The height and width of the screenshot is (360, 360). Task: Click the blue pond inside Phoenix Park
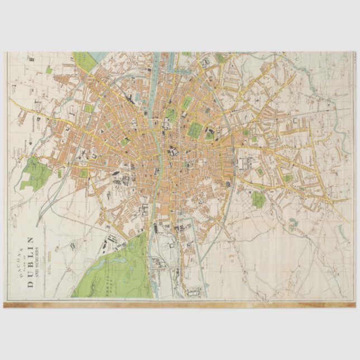129,273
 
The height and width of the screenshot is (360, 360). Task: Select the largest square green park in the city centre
195,130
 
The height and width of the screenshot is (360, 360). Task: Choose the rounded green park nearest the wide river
170,116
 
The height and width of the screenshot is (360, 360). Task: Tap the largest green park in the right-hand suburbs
258,199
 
